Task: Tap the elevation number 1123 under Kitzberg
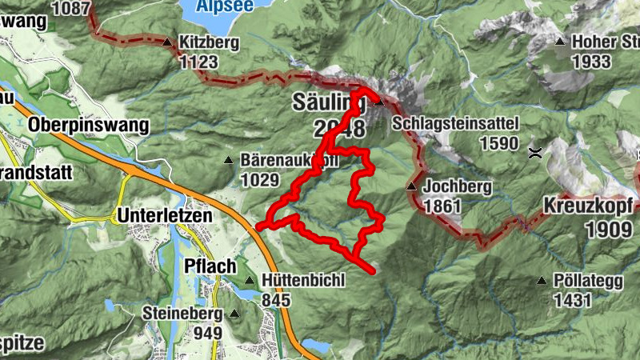click(x=200, y=62)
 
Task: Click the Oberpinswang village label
click(x=88, y=125)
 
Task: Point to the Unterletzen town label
click(x=166, y=215)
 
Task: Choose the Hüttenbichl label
click(x=302, y=281)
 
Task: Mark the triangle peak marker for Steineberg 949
click(x=234, y=314)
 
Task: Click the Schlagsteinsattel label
click(x=456, y=124)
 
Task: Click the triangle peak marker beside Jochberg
click(x=411, y=186)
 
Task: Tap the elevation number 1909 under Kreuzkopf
click(x=603, y=230)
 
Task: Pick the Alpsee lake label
click(x=226, y=5)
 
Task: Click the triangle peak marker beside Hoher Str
click(x=560, y=42)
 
